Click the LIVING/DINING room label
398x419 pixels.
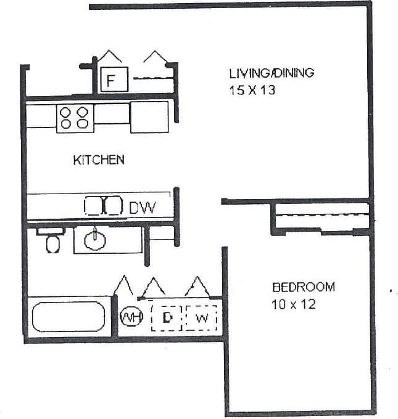(x=272, y=73)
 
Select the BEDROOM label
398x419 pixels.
(x=304, y=287)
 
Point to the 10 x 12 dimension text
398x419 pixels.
(x=294, y=304)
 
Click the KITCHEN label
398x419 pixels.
(x=99, y=160)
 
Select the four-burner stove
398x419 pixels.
(x=75, y=118)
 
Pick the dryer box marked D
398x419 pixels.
(x=166, y=318)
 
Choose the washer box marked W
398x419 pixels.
(x=202, y=318)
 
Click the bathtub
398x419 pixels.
(x=69, y=316)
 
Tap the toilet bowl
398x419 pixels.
(x=54, y=245)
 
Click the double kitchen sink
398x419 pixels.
(x=104, y=206)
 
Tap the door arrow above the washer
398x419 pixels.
(x=197, y=285)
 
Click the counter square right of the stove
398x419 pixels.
(x=149, y=117)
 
